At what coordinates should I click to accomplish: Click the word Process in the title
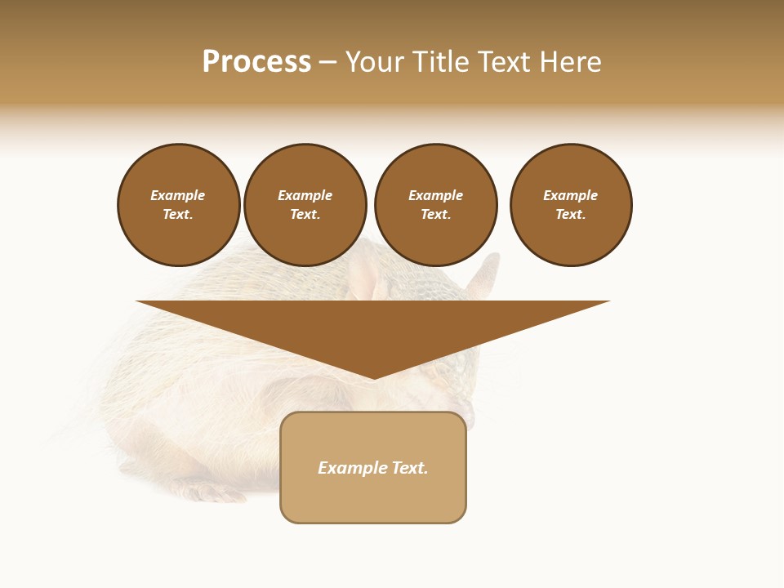coord(256,62)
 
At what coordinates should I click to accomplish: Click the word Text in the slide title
coord(505,62)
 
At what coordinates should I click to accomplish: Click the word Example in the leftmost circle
coord(178,195)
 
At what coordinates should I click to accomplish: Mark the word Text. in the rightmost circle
coord(571,215)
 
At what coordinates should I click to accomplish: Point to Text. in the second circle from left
coord(305,215)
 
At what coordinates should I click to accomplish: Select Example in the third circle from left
coord(436,195)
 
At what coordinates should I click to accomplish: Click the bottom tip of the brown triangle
coord(373,376)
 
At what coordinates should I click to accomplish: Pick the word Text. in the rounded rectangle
coord(411,468)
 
